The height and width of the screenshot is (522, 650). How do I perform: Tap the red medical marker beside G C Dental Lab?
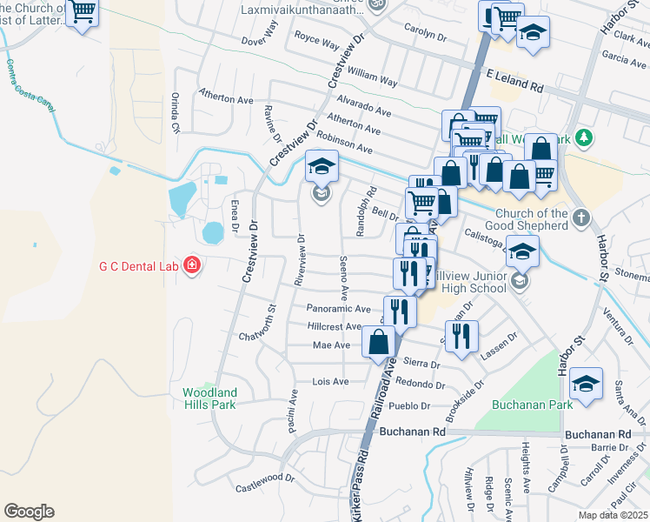coord(191,266)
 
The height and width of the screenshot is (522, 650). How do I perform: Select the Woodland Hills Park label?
coord(209,398)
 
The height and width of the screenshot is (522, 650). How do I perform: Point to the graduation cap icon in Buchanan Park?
coord(587,385)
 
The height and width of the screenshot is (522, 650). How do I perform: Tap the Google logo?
coord(29,512)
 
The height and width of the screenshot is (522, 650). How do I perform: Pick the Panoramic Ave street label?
coord(338,308)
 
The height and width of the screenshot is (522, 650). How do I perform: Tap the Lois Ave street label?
coord(329,382)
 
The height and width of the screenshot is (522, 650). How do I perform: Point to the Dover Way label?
coord(259,41)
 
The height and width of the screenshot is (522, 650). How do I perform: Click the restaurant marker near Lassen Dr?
coord(461,335)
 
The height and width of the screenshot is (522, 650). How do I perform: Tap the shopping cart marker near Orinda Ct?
coord(83,13)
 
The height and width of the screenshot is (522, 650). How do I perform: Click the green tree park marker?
coord(585,137)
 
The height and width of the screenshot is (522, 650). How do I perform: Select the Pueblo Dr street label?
coord(413,406)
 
